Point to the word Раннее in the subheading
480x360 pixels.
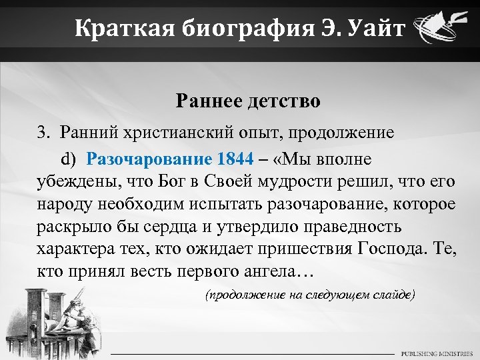point(211,101)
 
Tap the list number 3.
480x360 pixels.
point(42,132)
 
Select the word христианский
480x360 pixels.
point(167,132)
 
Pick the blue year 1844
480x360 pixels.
point(235,159)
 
